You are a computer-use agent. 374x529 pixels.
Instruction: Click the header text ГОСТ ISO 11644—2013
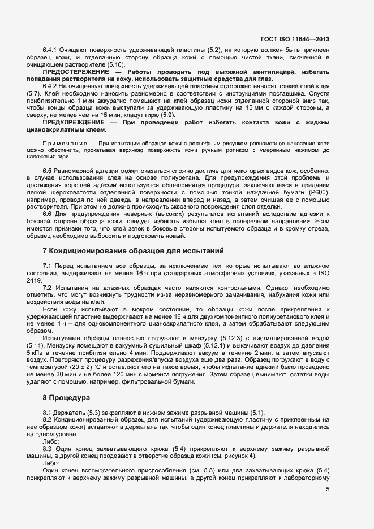pyautogui.click(x=296, y=40)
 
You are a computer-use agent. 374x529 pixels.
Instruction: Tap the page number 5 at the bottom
pyautogui.click(x=328, y=489)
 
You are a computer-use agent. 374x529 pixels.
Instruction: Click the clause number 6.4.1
pyautogui.click(x=51, y=50)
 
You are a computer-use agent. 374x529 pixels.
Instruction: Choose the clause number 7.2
pyautogui.click(x=48, y=288)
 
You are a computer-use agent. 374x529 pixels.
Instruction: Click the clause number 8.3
pyautogui.click(x=48, y=448)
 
